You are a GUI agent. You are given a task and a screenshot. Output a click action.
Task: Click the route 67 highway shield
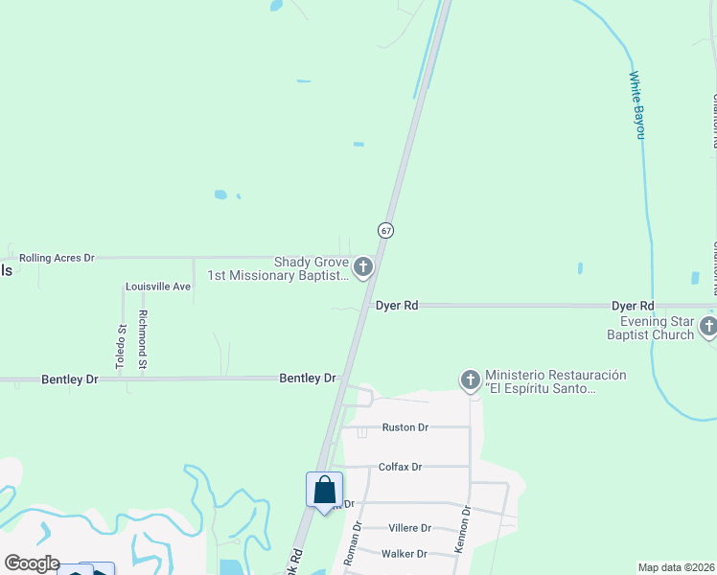point(385,231)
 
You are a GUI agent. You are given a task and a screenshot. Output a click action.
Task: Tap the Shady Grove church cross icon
point(363,266)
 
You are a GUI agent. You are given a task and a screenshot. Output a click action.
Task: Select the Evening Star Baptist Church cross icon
point(708,328)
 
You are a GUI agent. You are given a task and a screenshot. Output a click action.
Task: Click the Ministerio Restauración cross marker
point(470,380)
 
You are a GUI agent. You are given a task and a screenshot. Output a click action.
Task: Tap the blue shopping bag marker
point(325,490)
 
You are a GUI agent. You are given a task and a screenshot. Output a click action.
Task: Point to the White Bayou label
point(636,105)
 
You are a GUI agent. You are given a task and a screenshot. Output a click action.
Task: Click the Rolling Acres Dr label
point(57,258)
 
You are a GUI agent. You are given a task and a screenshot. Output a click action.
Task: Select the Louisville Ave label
point(158,287)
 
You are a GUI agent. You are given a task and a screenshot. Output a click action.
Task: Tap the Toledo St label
point(121,347)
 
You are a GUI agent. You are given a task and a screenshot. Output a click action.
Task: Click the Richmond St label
point(143,340)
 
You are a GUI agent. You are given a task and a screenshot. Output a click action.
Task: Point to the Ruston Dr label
point(405,427)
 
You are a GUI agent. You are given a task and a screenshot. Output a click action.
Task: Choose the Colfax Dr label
point(400,467)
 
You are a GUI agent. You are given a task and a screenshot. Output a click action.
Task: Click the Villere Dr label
point(410,528)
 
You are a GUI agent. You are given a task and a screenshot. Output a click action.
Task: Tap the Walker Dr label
point(404,554)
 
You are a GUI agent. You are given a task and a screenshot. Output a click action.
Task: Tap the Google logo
point(31,563)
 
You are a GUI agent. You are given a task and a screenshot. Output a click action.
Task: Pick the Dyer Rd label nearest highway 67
point(396,306)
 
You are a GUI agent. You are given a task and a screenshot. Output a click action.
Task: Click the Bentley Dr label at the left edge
point(70,379)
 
